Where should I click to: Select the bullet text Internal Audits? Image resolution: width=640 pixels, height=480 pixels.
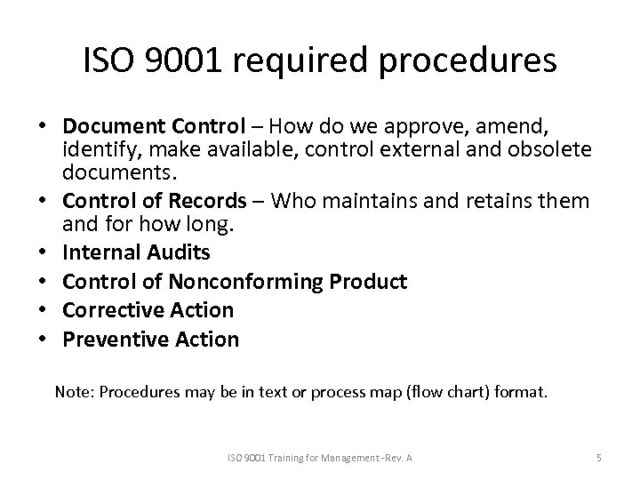click(x=136, y=252)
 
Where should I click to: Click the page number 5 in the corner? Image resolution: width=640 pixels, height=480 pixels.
click(x=599, y=457)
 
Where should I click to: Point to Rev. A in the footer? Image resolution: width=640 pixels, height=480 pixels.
click(x=407, y=457)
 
